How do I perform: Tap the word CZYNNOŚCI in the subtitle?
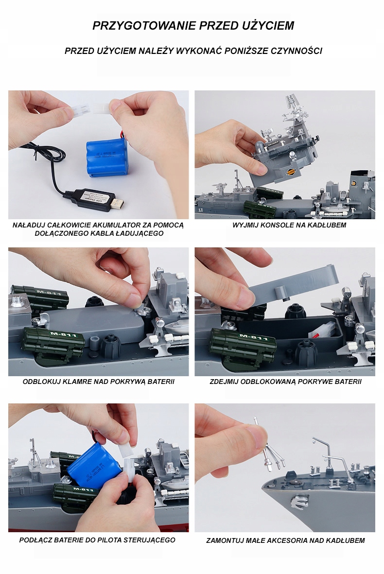click(x=297, y=51)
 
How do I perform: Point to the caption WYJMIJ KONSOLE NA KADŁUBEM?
click(x=289, y=225)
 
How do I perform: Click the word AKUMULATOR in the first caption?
click(x=102, y=225)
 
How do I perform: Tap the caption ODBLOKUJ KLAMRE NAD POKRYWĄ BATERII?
click(x=99, y=382)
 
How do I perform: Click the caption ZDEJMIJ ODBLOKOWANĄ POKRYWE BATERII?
click(x=285, y=382)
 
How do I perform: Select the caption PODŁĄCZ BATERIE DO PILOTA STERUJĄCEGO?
click(x=97, y=540)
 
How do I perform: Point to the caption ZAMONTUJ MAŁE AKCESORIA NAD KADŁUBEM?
click(x=285, y=540)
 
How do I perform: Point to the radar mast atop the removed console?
click(x=294, y=106)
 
